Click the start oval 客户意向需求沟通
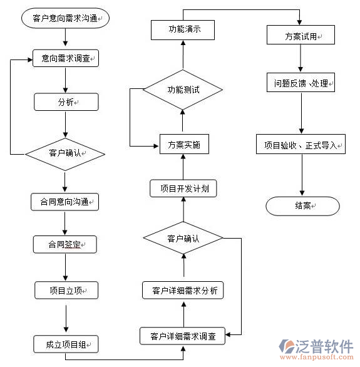[x=65, y=19]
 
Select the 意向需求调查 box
[x=66, y=58]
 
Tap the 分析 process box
[x=66, y=101]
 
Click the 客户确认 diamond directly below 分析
[x=65, y=152]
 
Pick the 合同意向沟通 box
[x=65, y=202]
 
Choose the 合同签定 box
[x=65, y=244]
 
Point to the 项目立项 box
[x=65, y=290]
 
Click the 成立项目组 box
[x=65, y=343]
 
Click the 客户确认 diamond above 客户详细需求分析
[x=183, y=238]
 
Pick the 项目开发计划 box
[x=183, y=189]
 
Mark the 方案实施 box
[x=183, y=145]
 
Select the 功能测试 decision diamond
[x=183, y=90]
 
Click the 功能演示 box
[x=183, y=29]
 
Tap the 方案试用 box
[x=301, y=36]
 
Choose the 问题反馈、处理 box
[x=301, y=83]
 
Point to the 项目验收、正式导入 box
[x=301, y=145]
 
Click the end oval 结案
[x=302, y=205]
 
